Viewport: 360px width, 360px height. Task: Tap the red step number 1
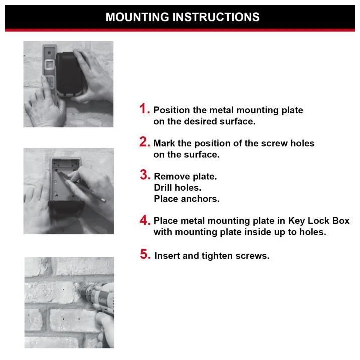pyautogui.click(x=144, y=109)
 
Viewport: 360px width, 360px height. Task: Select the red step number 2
pyautogui.click(x=144, y=142)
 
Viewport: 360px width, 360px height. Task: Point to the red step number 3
pyautogui.click(x=145, y=175)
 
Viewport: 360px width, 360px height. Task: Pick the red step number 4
pyautogui.click(x=145, y=220)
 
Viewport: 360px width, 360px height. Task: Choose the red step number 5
pyautogui.click(x=145, y=254)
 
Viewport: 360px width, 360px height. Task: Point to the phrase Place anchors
pyautogui.click(x=186, y=199)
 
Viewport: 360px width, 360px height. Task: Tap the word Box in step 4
pyautogui.click(x=341, y=221)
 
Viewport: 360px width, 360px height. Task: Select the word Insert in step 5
pyautogui.click(x=167, y=256)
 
